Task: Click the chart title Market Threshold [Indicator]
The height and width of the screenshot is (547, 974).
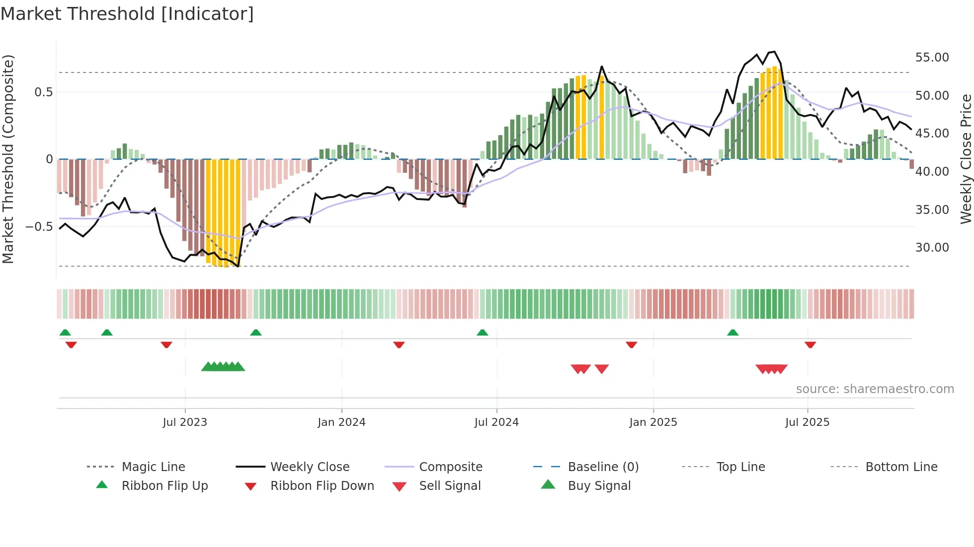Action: click(x=127, y=14)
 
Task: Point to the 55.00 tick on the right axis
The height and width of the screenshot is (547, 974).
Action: click(x=932, y=58)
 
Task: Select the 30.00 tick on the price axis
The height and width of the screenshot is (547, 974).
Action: click(x=932, y=248)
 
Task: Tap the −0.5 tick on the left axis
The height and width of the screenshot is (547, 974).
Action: click(x=39, y=227)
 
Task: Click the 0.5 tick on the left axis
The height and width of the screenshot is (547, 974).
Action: click(x=43, y=92)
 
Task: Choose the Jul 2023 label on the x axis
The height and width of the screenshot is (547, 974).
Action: click(x=185, y=422)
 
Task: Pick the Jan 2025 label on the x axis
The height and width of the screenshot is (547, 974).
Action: click(x=653, y=422)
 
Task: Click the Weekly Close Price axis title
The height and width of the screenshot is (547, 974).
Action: click(x=966, y=159)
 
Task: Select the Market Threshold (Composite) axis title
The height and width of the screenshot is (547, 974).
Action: click(x=8, y=159)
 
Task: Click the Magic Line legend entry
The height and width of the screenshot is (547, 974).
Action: click(x=153, y=467)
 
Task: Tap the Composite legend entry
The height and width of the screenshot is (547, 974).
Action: click(x=450, y=467)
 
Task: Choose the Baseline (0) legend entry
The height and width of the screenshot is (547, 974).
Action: click(x=603, y=467)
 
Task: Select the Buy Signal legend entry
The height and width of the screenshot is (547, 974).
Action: click(x=599, y=486)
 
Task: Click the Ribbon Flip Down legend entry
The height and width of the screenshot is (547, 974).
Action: click(x=322, y=486)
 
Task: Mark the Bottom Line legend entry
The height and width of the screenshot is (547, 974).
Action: click(x=901, y=467)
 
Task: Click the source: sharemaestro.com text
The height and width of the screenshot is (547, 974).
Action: click(x=875, y=389)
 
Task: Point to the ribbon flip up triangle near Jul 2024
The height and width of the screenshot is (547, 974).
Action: click(x=482, y=333)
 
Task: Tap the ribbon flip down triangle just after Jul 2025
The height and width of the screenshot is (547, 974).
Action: click(x=810, y=344)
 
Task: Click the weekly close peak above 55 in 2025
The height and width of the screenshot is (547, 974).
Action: click(x=774, y=52)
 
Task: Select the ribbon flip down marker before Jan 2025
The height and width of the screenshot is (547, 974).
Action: click(x=631, y=344)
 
